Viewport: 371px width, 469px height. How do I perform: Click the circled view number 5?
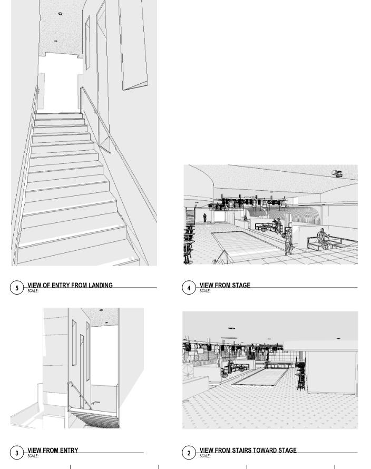click(x=17, y=288)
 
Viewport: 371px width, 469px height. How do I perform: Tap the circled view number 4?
click(x=189, y=288)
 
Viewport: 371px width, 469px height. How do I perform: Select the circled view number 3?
click(x=17, y=453)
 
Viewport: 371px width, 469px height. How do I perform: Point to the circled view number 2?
click(x=189, y=453)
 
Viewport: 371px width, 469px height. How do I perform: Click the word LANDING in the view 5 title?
click(x=101, y=285)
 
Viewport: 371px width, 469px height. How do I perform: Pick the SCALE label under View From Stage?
click(x=205, y=291)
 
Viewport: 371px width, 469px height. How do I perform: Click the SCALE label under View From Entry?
click(x=33, y=456)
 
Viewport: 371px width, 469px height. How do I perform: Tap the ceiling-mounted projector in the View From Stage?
click(x=337, y=173)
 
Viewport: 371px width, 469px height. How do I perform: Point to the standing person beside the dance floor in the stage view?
click(x=288, y=241)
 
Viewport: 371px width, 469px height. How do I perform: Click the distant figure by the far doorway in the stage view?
click(x=204, y=218)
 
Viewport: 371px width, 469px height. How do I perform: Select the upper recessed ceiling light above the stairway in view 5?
click(x=60, y=14)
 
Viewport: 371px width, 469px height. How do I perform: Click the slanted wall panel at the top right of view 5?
click(x=133, y=45)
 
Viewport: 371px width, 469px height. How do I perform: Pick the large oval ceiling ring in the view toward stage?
click(x=229, y=338)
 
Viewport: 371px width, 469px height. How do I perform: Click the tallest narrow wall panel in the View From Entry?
click(x=82, y=372)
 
